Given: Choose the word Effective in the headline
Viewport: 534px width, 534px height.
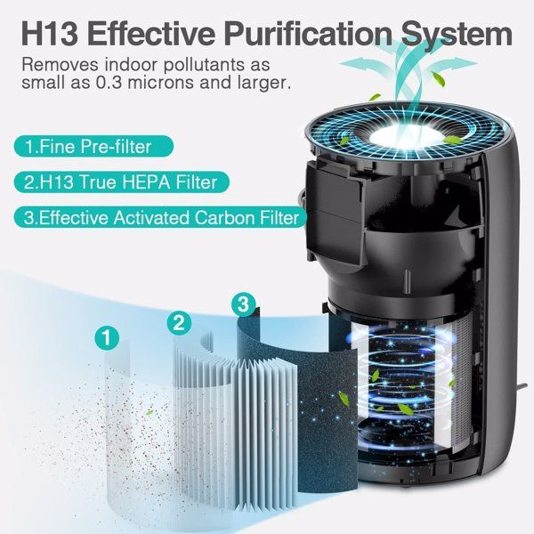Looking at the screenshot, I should [156, 36].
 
